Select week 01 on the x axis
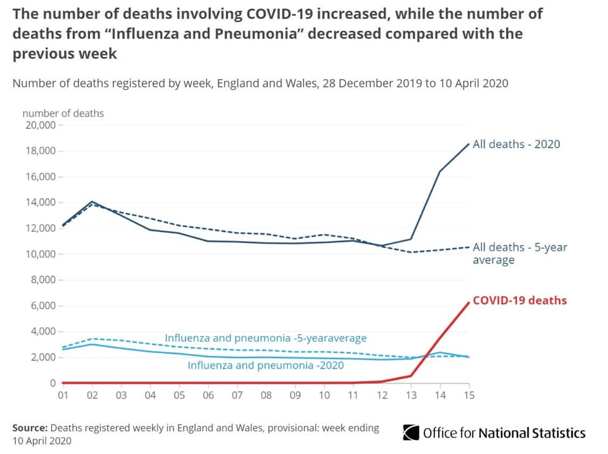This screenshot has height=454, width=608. pos(63,395)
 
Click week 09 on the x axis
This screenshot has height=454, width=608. pos(294,395)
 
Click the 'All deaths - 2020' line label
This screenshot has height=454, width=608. pos(516,144)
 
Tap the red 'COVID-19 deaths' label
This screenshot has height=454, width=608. pos(519,301)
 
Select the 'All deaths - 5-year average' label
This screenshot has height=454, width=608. pos(519,253)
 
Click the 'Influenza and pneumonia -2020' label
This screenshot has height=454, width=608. pos(265,365)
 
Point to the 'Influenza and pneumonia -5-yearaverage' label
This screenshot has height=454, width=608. pos(265,338)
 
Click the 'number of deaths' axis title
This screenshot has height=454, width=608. pos(63,113)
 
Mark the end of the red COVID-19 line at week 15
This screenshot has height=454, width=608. pos(468,303)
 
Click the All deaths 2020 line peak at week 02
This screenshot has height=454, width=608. pos(92,201)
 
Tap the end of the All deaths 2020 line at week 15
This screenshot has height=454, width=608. pos(468,144)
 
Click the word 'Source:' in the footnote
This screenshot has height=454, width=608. pos(30,428)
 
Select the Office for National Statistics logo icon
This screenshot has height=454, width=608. pos(411,432)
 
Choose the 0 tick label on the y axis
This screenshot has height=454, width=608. pos(53,383)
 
